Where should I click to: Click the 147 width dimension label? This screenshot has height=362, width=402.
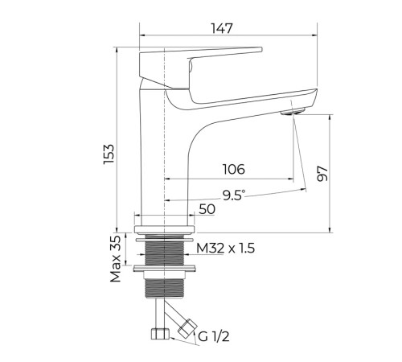[222, 28]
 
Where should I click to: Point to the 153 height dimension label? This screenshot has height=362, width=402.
[109, 154]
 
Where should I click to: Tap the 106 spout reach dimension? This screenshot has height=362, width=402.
[234, 169]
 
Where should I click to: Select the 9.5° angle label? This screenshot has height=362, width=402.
[234, 195]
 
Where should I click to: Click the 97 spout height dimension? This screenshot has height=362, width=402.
[322, 174]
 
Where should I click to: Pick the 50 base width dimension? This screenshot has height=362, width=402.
[207, 209]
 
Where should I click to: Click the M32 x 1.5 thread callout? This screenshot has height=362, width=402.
[225, 249]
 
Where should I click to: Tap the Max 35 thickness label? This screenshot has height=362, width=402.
[116, 259]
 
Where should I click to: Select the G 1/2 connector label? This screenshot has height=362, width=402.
[214, 336]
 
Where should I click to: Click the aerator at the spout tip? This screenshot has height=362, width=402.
[293, 111]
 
